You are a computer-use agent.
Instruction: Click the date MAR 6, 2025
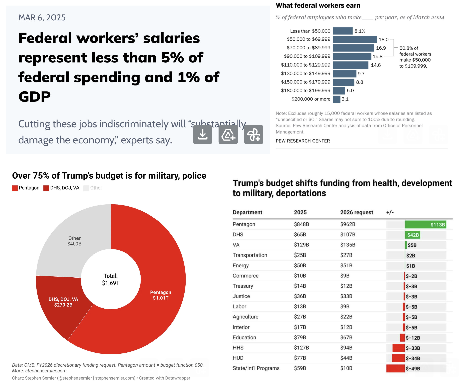[x=42, y=18]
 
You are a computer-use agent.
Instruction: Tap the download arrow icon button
[x=203, y=135]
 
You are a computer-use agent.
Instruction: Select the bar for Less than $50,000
[x=343, y=31]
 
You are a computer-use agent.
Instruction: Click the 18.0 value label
[x=383, y=39]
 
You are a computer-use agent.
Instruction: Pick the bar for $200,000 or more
[x=336, y=99]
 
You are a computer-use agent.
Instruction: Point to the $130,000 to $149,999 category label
[x=305, y=73]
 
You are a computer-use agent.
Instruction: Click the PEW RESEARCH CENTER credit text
[x=303, y=141]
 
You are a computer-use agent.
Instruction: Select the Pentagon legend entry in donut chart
[x=26, y=188]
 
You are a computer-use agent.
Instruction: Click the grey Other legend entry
[x=93, y=188]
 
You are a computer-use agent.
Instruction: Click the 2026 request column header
[x=356, y=212]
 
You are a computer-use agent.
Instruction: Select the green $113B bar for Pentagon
[x=425, y=224]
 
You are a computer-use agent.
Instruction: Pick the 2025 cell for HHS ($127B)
[x=301, y=348]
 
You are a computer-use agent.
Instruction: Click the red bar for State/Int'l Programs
[x=396, y=368]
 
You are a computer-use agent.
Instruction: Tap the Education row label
[x=244, y=337]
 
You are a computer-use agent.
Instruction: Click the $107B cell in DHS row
[x=348, y=234]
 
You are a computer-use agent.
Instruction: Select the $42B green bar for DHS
[x=413, y=235]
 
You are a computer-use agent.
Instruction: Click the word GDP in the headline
[x=34, y=97]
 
